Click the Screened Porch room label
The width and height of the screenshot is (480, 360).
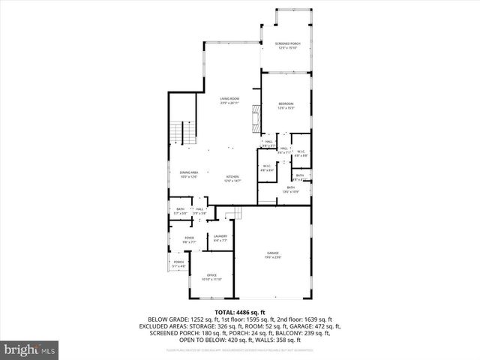pos(287,44)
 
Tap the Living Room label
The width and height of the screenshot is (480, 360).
pos(229,99)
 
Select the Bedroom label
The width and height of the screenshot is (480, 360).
pos(286,103)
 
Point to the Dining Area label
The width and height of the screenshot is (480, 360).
pos(188,173)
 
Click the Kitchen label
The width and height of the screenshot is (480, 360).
pos(232,178)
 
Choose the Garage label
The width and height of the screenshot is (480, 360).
pos(272,254)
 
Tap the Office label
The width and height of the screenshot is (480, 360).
pos(211,275)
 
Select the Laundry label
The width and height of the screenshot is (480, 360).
pos(220,237)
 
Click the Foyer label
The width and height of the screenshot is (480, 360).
pos(189,238)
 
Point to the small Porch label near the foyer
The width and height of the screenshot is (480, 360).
pos(178,262)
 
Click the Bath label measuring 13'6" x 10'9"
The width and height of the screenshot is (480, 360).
pos(290,188)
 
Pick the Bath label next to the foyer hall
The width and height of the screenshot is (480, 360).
pos(180,209)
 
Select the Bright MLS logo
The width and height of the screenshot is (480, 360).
pos(30,349)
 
